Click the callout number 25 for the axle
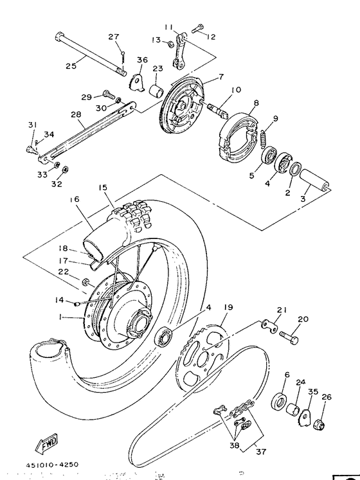(71, 65)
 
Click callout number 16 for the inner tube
(75, 200)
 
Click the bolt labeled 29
(107, 95)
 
